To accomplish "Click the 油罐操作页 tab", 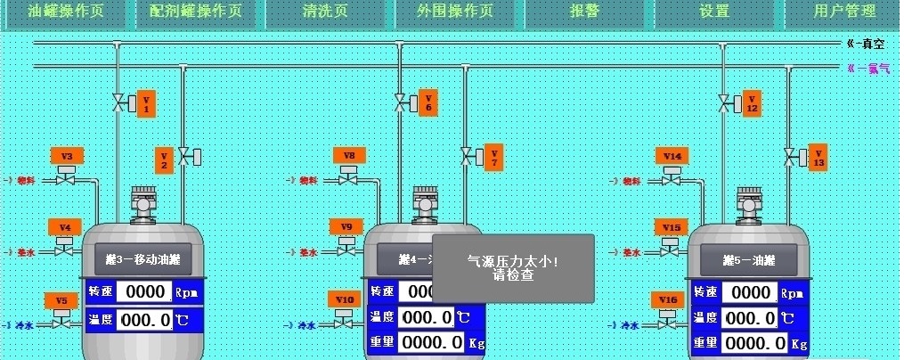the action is click(66, 12).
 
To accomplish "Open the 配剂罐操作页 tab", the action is click(195, 12).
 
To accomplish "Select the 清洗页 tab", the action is click(325, 12).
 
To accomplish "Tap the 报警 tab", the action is click(584, 12).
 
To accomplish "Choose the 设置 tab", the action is click(714, 12).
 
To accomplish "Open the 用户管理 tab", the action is click(844, 12).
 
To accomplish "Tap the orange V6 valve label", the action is click(428, 103).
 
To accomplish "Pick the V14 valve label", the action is click(672, 156).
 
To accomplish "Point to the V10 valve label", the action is click(345, 299).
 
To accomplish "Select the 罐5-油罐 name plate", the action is click(748, 261).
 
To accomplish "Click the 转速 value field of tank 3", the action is click(143, 291).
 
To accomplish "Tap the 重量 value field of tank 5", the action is click(755, 343).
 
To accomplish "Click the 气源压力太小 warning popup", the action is click(513, 267).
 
